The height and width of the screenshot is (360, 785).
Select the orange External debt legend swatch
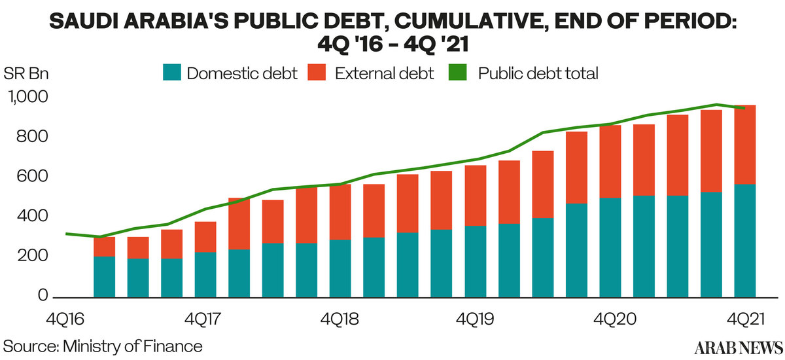(320, 73)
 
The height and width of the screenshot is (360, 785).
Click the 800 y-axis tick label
(31, 137)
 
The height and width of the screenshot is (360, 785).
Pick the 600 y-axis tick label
(31, 177)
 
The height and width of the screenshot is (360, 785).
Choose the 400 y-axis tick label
(31, 217)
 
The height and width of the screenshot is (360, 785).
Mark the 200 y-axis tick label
(31, 257)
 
